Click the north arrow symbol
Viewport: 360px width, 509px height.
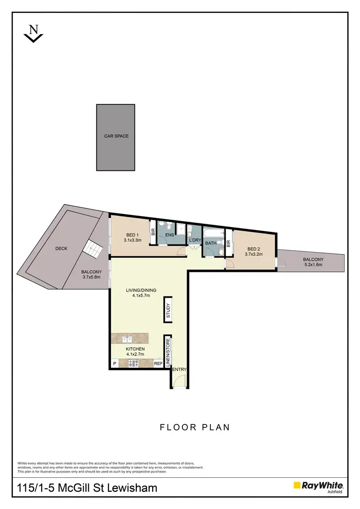(x=34, y=33)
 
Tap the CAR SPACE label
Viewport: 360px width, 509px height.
(x=116, y=136)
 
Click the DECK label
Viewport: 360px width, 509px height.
(x=61, y=248)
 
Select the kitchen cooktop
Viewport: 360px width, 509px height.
(x=133, y=364)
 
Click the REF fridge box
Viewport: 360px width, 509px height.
(x=158, y=364)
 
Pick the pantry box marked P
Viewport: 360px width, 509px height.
(x=115, y=364)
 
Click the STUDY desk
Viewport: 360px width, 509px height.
(x=168, y=310)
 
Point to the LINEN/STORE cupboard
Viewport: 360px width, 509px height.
(x=168, y=352)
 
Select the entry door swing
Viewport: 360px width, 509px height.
(x=179, y=380)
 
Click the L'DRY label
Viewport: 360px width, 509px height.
(x=194, y=240)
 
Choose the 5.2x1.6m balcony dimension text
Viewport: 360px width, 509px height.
(x=313, y=265)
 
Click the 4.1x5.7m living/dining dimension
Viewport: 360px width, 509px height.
(x=141, y=296)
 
